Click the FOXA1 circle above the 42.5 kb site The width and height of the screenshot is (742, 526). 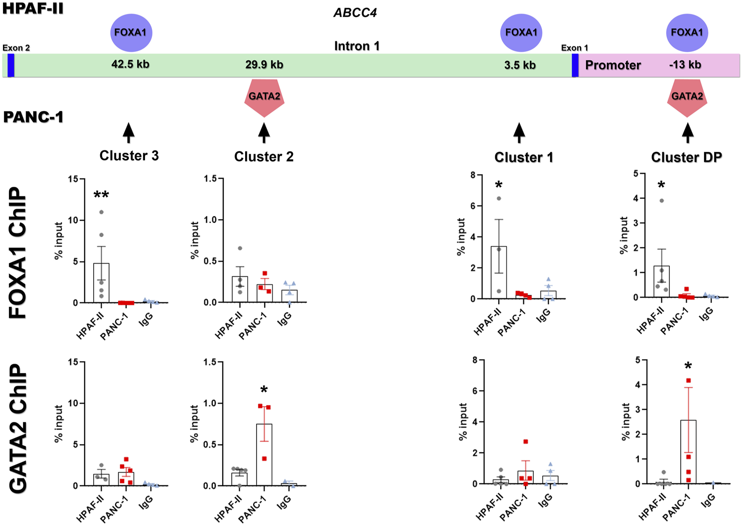tap(131, 33)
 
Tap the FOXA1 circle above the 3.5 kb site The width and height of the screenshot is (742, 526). tap(521, 33)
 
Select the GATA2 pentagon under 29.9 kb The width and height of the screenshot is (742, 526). tap(264, 97)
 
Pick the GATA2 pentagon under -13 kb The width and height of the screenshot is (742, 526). tap(687, 97)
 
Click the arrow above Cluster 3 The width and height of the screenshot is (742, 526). tap(129, 132)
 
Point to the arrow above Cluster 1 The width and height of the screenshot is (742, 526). tap(519, 133)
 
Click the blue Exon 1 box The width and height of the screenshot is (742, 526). tap(575, 65)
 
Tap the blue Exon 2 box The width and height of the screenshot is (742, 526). tap(10, 65)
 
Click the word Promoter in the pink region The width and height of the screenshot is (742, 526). tap(613, 65)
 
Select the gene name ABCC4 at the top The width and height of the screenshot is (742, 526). tap(355, 13)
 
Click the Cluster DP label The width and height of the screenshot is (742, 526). tap(686, 157)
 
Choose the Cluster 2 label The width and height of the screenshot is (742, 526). tap(264, 157)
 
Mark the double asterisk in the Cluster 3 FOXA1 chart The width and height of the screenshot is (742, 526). tap(101, 195)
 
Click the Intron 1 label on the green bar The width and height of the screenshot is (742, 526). tap(357, 46)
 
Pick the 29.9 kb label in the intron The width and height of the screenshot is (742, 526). tap(264, 65)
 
